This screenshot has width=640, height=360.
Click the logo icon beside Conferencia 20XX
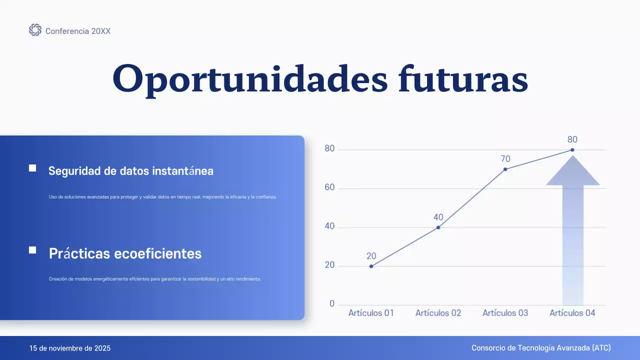pos(35,30)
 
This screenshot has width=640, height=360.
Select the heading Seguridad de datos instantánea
pos(131,171)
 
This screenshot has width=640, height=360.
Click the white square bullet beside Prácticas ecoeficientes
pos(32,250)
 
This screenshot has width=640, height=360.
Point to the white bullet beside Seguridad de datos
pos(32,168)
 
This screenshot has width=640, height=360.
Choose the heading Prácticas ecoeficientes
pos(125,253)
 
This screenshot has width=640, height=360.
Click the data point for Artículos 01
pos(371,266)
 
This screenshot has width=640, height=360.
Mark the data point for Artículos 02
pos(438,227)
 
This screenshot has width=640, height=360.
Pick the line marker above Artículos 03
pos(505,169)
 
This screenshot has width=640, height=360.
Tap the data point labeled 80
pos(572,150)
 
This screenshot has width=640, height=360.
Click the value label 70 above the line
pos(505,159)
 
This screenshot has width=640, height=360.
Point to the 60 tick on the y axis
pos(329,188)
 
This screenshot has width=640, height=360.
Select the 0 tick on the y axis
pos(332,304)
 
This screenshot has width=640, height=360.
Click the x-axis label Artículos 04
pos(572,313)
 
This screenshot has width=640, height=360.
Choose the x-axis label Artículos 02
pos(438,313)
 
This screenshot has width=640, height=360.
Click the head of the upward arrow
pos(572,172)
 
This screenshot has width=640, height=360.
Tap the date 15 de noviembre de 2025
pos(70,348)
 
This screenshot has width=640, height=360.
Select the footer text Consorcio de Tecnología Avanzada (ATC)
pos(541,348)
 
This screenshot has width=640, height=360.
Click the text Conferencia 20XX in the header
pos(78,31)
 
